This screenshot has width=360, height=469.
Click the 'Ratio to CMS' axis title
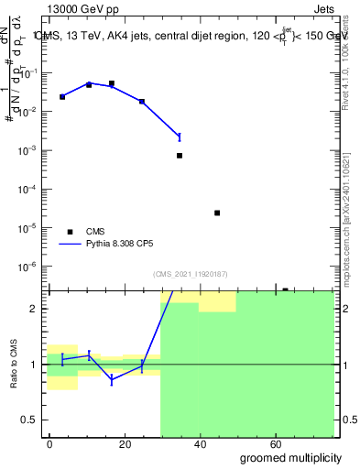(x=16, y=364)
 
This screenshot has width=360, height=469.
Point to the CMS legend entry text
(x=96, y=232)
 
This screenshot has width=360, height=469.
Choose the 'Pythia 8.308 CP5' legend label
(x=123, y=245)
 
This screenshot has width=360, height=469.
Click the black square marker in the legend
(x=69, y=232)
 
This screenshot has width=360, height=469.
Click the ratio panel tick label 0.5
(x=35, y=420)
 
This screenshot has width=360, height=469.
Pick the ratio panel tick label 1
(x=39, y=365)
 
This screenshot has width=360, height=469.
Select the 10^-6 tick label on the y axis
(x=32, y=267)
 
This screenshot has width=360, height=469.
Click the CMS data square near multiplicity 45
(x=217, y=213)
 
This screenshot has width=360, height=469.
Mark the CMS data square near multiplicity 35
(x=180, y=156)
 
